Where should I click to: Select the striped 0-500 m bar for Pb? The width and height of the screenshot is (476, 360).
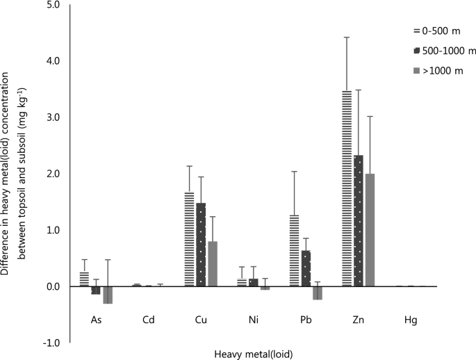point(294,250)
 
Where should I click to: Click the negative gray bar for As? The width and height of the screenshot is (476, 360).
point(108,295)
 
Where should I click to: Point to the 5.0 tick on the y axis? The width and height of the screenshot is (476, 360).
point(52,5)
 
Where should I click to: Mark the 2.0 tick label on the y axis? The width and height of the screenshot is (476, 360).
point(52,174)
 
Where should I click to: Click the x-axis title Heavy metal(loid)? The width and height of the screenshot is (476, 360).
point(254,353)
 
